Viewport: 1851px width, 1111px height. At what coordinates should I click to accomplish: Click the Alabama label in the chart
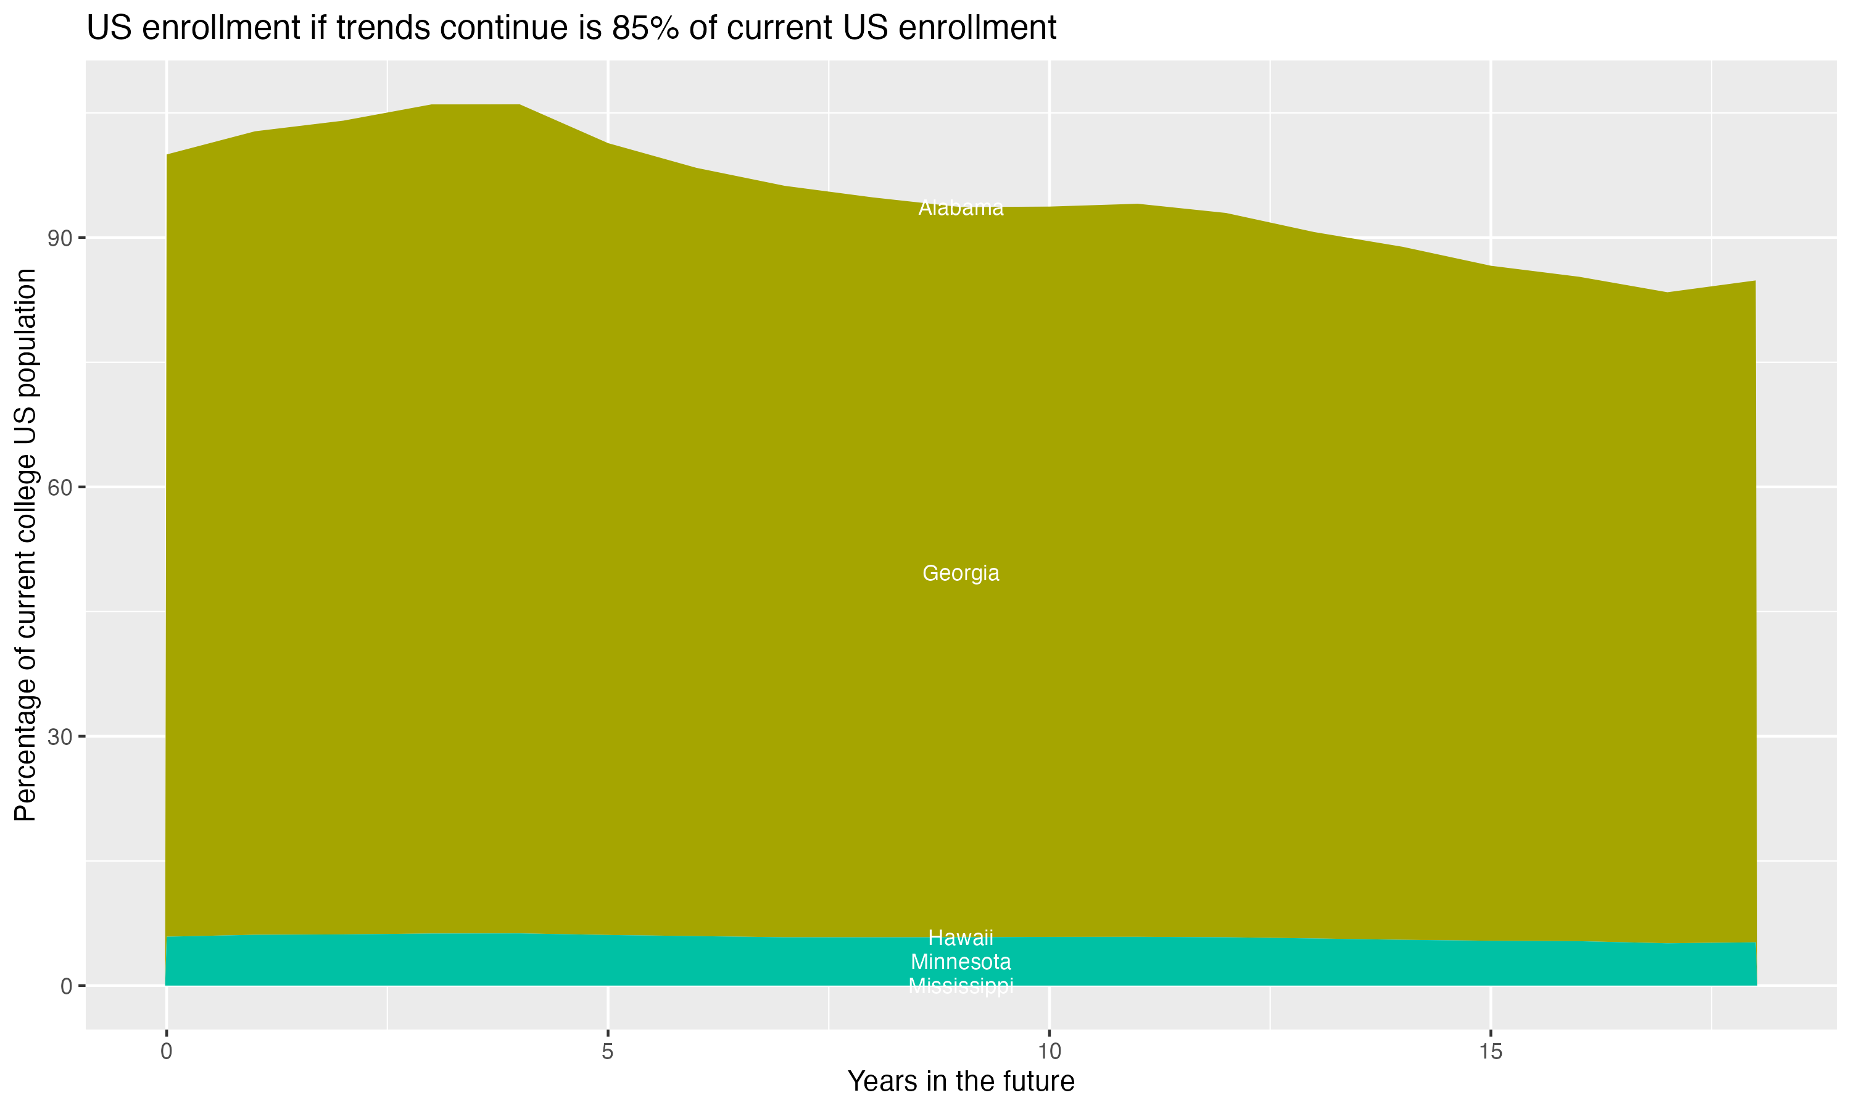click(x=961, y=208)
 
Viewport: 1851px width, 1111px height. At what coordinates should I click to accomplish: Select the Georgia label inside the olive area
click(x=961, y=573)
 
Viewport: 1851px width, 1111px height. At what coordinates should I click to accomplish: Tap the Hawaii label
click(x=961, y=938)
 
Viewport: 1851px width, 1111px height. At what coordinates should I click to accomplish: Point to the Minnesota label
click(x=961, y=962)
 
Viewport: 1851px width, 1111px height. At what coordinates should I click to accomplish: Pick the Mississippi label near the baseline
click(x=961, y=986)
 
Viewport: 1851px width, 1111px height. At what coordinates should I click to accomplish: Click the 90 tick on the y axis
click(x=60, y=238)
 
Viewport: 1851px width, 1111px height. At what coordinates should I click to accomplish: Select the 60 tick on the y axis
click(x=60, y=488)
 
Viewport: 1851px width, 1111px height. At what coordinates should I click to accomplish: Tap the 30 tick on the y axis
click(x=60, y=737)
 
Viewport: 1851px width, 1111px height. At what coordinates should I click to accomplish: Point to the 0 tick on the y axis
click(x=66, y=986)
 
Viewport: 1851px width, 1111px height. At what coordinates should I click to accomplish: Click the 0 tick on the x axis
click(x=166, y=1052)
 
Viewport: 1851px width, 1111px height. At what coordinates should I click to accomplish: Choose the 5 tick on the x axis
click(x=608, y=1052)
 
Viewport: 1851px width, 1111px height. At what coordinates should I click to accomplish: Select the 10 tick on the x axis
click(x=1049, y=1052)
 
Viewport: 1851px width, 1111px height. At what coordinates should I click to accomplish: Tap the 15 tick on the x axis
click(x=1491, y=1052)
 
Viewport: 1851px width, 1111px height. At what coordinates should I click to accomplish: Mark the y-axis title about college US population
click(x=25, y=544)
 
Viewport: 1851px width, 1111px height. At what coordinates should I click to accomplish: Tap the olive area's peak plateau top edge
click(x=476, y=105)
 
